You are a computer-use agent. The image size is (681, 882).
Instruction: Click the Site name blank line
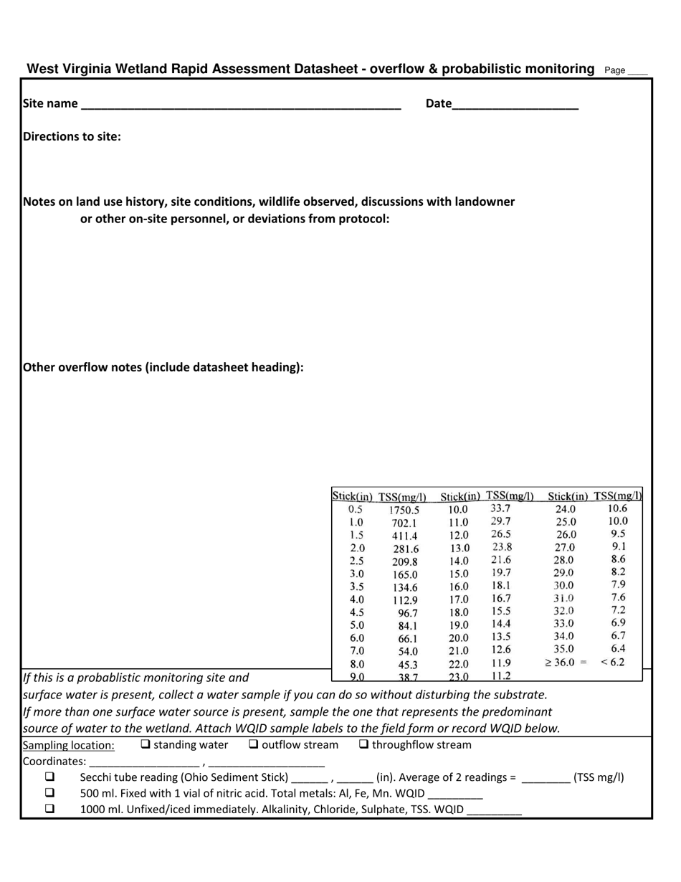point(241,105)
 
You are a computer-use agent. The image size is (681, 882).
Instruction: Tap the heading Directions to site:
point(72,136)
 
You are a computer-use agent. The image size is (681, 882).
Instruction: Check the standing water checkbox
point(146,744)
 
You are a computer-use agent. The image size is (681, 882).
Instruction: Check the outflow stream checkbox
point(254,744)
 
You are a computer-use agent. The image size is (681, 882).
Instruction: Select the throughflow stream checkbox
point(363,744)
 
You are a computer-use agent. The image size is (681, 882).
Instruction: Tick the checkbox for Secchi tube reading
point(50,777)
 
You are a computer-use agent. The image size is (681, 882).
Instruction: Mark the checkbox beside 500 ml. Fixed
point(50,793)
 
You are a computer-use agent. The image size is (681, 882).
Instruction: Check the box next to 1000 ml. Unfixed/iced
point(50,809)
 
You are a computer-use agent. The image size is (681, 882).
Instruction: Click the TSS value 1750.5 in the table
point(404,511)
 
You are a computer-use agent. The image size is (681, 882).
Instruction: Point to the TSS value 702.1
point(404,523)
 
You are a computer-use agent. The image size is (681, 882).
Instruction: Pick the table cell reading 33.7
point(500,508)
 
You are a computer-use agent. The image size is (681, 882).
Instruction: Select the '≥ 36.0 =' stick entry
point(566,663)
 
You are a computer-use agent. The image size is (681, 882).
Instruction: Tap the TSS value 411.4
point(404,536)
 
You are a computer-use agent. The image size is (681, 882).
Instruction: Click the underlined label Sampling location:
point(69,745)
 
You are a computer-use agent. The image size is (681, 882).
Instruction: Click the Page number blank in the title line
point(637,71)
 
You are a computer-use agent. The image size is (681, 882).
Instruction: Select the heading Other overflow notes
point(163,367)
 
